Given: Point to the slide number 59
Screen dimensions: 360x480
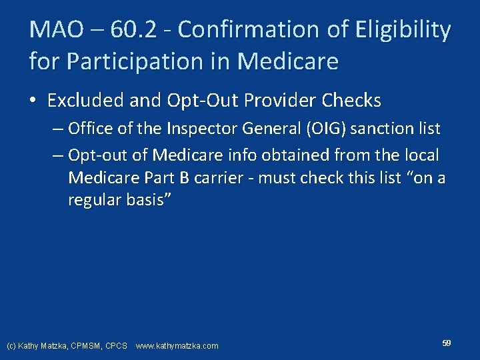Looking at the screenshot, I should [x=446, y=343].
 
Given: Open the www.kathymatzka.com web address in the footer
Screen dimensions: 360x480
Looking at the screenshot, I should [x=177, y=346].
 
